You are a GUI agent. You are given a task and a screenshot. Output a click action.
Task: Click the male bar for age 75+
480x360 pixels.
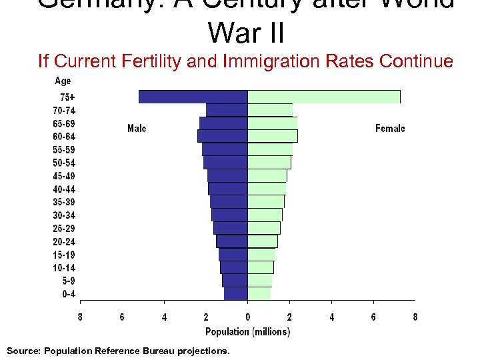point(193,97)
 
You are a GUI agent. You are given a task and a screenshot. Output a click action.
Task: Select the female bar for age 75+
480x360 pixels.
point(324,97)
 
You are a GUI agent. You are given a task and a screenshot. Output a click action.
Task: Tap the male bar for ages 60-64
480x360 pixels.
point(223,136)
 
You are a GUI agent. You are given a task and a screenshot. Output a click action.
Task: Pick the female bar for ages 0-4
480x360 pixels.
point(259,293)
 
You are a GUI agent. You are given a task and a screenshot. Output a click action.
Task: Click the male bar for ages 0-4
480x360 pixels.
point(236,293)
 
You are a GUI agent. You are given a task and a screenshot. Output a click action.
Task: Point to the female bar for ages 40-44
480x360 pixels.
point(267,189)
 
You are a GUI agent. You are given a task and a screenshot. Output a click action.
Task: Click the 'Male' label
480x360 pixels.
point(137,128)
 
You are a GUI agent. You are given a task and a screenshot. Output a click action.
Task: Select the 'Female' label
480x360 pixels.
point(390,128)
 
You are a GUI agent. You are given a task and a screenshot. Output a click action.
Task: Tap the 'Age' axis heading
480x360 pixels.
point(63,81)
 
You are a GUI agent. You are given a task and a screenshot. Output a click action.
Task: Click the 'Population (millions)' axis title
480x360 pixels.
point(247,331)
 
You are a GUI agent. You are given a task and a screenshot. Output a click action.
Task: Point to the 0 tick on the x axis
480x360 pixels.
point(247,317)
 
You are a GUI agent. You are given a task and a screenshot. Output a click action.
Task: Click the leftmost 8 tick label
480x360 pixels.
point(80,317)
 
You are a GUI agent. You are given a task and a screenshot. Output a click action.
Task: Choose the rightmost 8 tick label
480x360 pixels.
point(415,317)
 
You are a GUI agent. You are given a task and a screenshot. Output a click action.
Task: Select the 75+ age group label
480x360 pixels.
point(67,97)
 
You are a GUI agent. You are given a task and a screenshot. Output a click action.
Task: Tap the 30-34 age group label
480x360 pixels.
point(64,215)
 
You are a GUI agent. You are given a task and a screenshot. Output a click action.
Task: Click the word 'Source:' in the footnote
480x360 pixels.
point(23,351)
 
